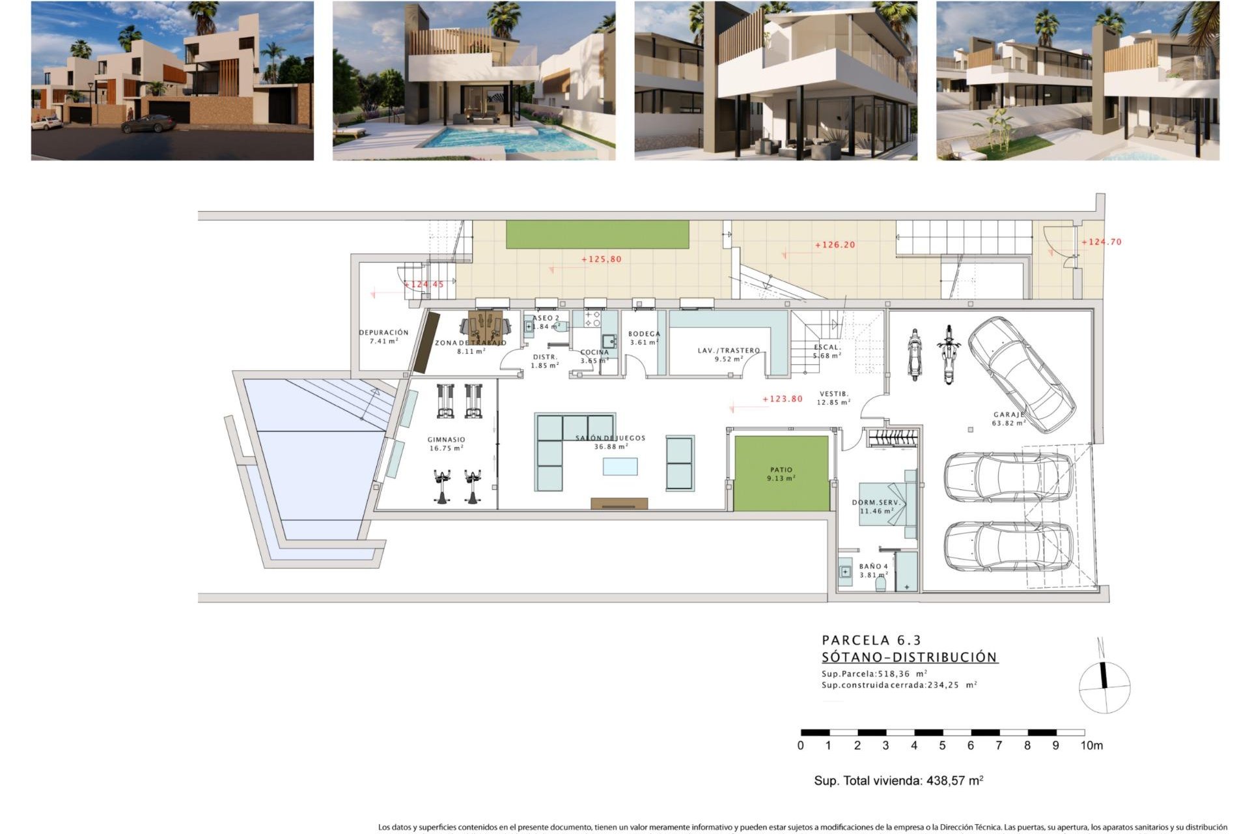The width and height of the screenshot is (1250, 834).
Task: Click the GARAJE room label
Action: tap(1008, 415)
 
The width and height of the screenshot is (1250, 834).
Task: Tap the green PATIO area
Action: tap(781, 473)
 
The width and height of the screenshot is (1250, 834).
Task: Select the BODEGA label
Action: tap(644, 334)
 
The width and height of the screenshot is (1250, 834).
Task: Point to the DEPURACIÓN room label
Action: tap(383, 333)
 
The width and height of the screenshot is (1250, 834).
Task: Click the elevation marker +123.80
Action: tap(782, 399)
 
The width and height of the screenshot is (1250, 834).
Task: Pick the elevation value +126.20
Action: tap(835, 245)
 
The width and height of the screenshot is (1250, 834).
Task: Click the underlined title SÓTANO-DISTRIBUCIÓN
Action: tap(910, 657)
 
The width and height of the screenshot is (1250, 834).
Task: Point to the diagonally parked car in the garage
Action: tap(1020, 374)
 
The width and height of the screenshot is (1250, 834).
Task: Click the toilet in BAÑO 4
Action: tap(881, 584)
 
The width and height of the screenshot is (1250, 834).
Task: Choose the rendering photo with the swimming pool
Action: tap(473, 81)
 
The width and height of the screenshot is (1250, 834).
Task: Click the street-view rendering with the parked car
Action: tap(172, 81)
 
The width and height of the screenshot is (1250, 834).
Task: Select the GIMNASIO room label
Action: tap(446, 440)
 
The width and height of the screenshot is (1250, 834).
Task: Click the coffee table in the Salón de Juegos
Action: tap(620, 467)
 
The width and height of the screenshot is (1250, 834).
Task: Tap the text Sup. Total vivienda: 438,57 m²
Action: tap(898, 781)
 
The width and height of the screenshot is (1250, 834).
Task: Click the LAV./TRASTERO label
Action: tap(729, 351)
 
